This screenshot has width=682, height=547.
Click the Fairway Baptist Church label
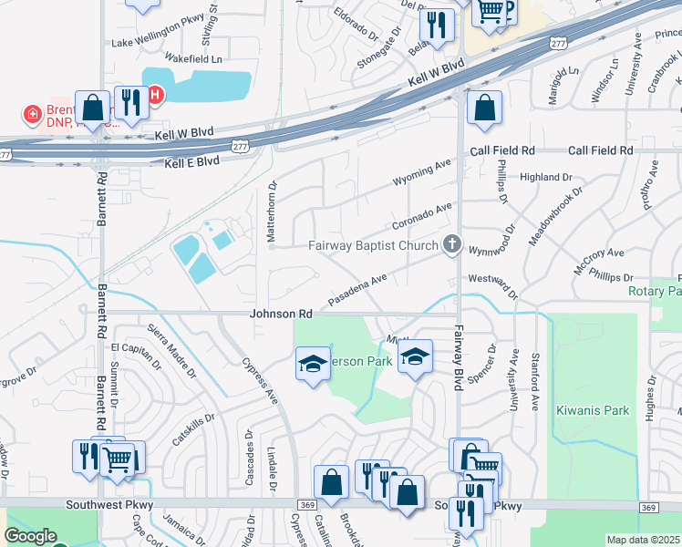(x=373, y=244)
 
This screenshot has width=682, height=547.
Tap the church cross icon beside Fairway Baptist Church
(x=450, y=243)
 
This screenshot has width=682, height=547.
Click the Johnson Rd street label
(x=282, y=314)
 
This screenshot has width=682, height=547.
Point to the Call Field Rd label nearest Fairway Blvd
(x=502, y=150)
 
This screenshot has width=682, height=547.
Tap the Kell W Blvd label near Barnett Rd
(x=183, y=133)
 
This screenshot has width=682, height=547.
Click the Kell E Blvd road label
(x=192, y=162)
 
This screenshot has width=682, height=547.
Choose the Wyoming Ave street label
(x=422, y=173)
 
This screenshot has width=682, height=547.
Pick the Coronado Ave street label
(x=422, y=214)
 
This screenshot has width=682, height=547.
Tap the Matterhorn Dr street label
(x=271, y=212)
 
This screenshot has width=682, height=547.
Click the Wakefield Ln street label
(x=194, y=59)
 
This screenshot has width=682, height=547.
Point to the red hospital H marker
(x=155, y=94)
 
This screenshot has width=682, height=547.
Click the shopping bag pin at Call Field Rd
(x=484, y=108)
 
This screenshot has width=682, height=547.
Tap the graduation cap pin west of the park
(x=312, y=365)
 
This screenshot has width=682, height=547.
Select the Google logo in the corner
(x=30, y=536)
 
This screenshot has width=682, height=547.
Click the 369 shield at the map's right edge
(x=648, y=508)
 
